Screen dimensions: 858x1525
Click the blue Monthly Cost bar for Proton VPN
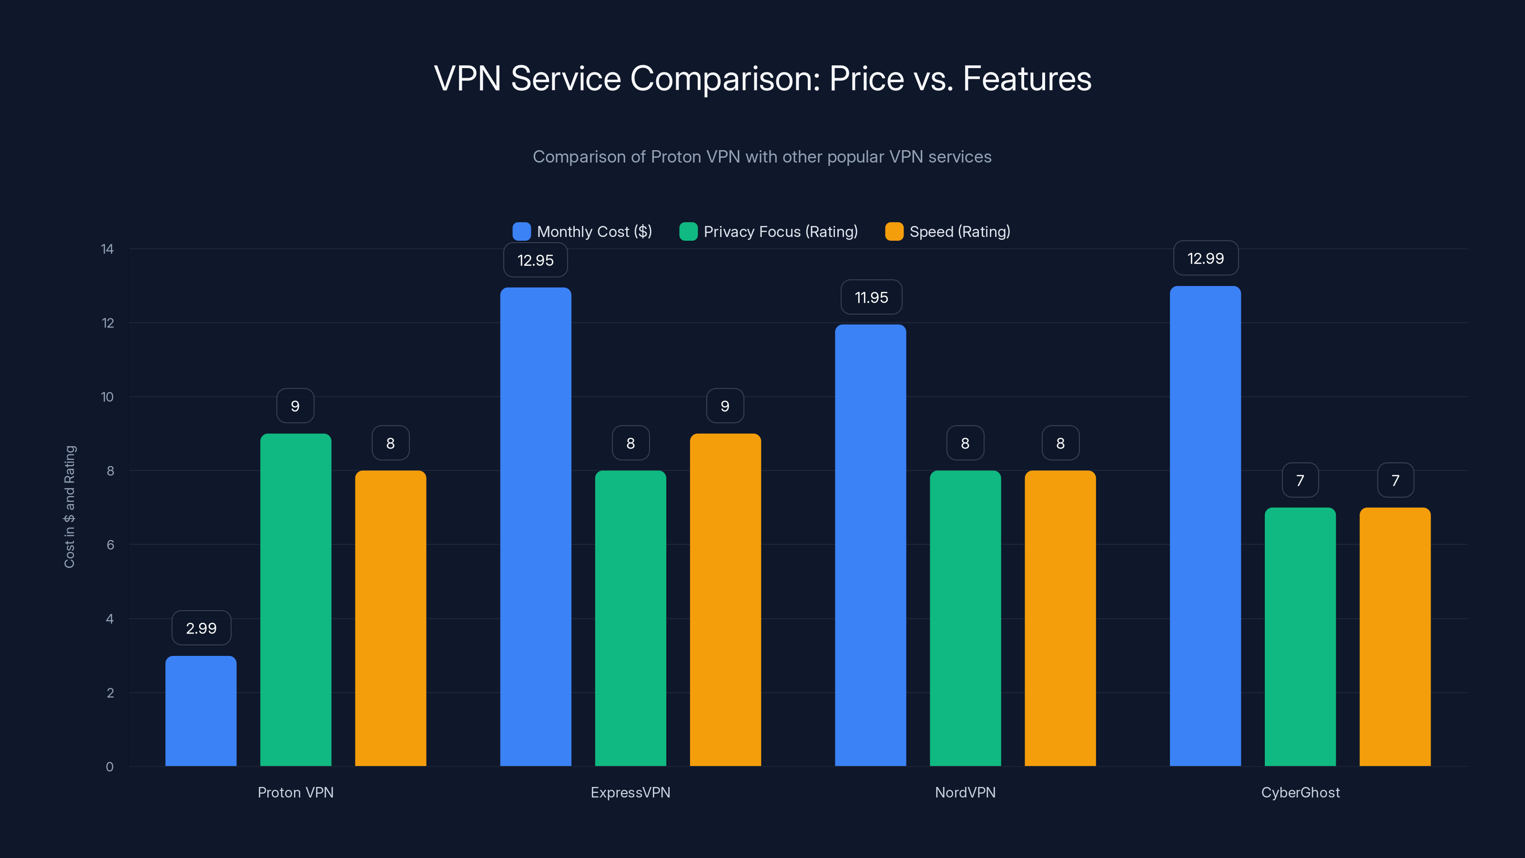point(201,711)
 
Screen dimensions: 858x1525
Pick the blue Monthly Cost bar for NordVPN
point(870,545)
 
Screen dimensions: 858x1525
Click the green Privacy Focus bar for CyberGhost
point(1300,636)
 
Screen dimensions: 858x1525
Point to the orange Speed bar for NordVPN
point(1060,618)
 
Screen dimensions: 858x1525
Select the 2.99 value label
point(201,628)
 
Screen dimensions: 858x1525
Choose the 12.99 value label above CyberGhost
point(1205,258)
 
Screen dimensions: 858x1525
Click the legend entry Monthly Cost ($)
point(583,232)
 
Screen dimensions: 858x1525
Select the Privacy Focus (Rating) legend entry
point(770,232)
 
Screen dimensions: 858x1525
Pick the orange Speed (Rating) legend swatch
point(894,232)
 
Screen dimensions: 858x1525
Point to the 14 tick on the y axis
point(107,249)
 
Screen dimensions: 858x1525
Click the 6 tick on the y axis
point(110,545)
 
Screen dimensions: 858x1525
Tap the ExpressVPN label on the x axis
point(630,792)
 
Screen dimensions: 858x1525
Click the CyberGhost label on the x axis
point(1300,792)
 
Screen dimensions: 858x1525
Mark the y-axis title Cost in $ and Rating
point(70,506)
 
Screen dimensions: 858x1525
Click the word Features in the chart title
point(1027,78)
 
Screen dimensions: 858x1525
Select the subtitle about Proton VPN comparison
point(762,156)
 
